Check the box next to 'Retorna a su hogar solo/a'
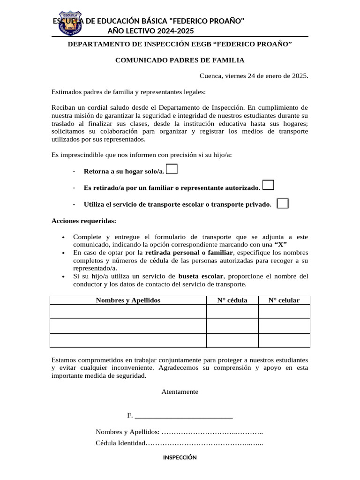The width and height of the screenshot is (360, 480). coord(172,169)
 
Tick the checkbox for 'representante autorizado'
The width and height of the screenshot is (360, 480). coord(268,185)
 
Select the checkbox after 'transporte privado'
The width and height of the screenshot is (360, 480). coord(283,203)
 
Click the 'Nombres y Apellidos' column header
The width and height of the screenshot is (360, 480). coord(128,300)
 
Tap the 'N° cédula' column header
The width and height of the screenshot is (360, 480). coord(232,300)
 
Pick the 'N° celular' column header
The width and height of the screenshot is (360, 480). coord(284,300)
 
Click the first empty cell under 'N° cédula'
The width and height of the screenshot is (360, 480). coord(232,312)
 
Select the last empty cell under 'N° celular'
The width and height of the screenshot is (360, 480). coord(284,340)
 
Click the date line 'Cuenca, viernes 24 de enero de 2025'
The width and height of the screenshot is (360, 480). coord(254,75)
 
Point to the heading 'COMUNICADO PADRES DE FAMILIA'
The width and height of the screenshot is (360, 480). coord(180,60)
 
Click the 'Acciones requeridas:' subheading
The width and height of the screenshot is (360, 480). coord(84,220)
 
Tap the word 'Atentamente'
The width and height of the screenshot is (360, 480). coord(180,391)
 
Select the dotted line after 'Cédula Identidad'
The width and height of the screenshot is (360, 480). coord(205,443)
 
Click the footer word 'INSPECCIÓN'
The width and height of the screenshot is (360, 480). coord(180,457)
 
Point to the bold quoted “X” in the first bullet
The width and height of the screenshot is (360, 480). coord(280,245)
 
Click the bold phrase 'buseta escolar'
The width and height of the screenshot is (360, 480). coord(201,276)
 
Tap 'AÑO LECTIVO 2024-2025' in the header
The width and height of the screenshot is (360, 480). coord(150,31)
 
